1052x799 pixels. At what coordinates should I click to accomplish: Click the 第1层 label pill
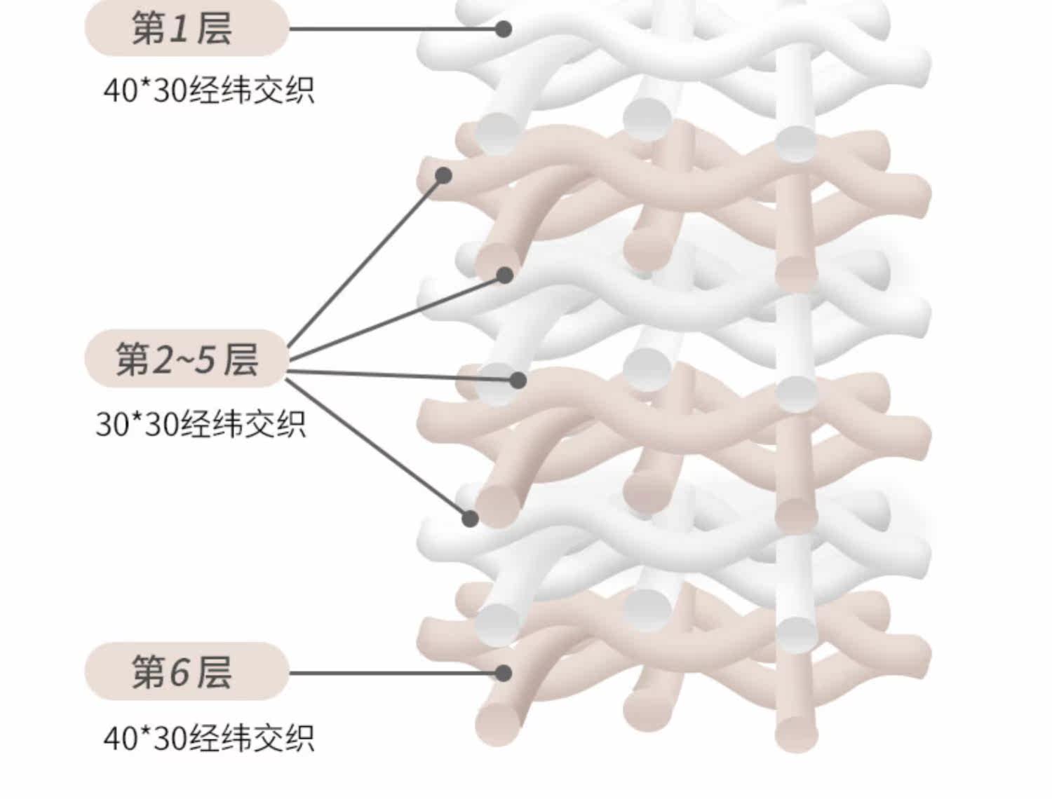click(x=187, y=29)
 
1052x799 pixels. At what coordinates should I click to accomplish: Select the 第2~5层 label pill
click(x=187, y=358)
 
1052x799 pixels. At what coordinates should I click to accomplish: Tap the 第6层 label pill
click(x=187, y=671)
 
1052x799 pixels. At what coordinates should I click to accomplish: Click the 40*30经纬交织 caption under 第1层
click(x=208, y=90)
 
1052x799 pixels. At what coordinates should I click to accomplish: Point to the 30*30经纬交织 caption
click(x=201, y=423)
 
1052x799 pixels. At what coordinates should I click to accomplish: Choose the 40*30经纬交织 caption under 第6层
click(x=208, y=737)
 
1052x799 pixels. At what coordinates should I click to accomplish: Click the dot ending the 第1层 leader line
click(x=503, y=29)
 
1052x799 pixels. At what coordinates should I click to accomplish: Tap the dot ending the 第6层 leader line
click(x=503, y=673)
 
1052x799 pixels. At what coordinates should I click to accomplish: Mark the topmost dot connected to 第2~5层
click(x=443, y=175)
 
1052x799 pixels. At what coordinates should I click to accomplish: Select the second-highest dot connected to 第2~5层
click(x=505, y=275)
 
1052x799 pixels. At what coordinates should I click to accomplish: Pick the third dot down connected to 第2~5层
click(x=518, y=380)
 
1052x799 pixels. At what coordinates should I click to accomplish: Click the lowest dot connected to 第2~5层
click(x=470, y=519)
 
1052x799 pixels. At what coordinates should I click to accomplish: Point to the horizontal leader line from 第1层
click(x=393, y=29)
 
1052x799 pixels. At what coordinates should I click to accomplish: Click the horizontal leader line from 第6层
click(x=393, y=673)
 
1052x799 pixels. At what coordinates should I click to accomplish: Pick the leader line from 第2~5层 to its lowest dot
click(x=379, y=449)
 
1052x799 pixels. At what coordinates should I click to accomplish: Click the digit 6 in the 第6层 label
click(x=180, y=671)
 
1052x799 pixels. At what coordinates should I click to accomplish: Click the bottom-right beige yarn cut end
click(x=797, y=732)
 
